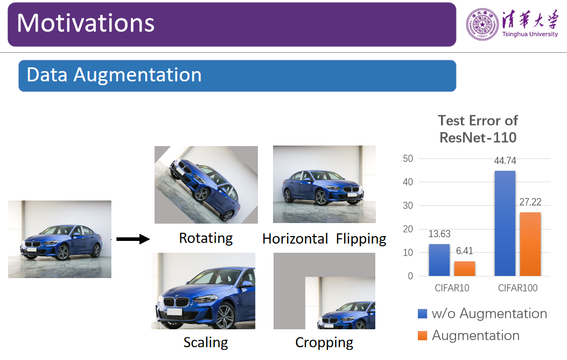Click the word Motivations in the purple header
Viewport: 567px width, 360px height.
[86, 23]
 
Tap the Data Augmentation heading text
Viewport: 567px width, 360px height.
[114, 75]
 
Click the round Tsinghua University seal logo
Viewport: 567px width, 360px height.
[482, 24]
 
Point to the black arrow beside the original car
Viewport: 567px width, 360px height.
[132, 239]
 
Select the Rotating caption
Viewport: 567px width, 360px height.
[206, 238]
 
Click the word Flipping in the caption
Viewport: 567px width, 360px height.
[361, 239]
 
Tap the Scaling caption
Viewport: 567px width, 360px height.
[206, 342]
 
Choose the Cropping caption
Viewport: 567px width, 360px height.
[324, 342]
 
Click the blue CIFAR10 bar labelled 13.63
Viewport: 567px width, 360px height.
[439, 260]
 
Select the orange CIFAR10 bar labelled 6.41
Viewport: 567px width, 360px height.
[465, 268]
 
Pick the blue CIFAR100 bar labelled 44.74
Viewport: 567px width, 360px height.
[505, 224]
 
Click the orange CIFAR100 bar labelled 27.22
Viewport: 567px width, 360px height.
[530, 244]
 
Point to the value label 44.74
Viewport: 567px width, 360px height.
[505, 161]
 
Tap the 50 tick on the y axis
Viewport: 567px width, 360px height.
[408, 158]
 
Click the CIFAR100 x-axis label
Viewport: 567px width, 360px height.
[518, 288]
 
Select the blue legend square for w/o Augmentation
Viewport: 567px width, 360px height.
[422, 313]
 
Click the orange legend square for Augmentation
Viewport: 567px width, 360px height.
[422, 336]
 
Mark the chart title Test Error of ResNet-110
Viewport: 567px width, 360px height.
[478, 129]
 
